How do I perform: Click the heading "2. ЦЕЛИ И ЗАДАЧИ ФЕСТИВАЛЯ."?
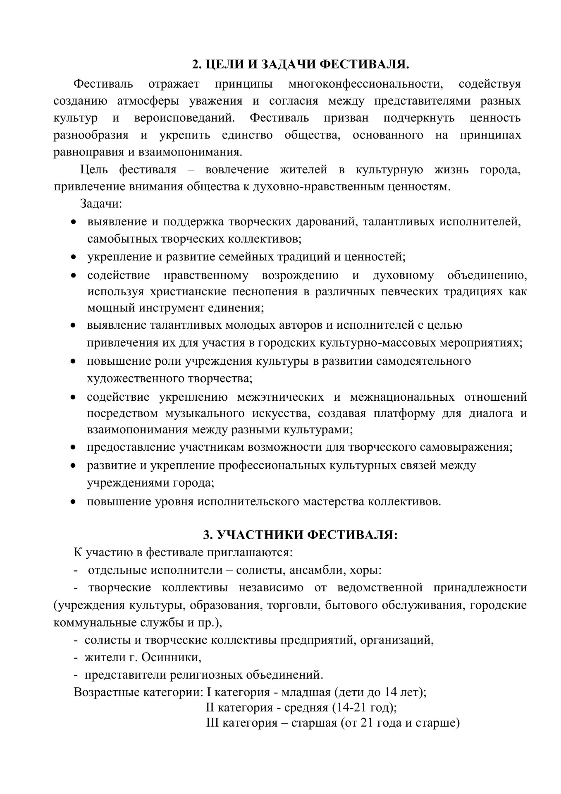point(301,65)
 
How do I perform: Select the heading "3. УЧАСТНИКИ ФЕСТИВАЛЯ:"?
point(301,535)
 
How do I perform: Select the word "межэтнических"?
point(280,397)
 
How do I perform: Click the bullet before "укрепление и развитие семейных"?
point(74,257)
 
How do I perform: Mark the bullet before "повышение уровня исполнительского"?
point(74,502)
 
